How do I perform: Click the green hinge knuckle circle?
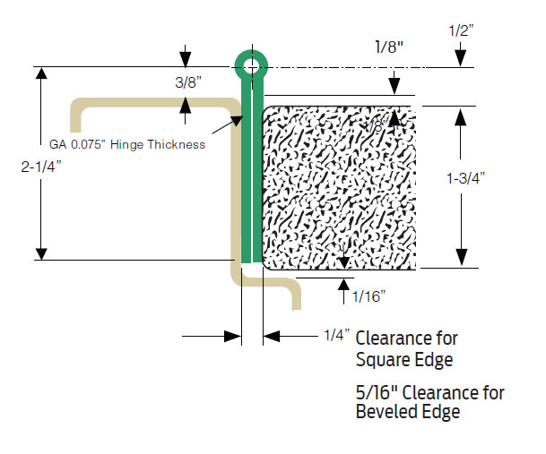250,64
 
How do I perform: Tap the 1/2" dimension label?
461,30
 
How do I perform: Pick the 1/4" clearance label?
335,336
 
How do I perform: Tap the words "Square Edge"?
404,360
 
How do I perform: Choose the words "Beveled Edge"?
408,413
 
